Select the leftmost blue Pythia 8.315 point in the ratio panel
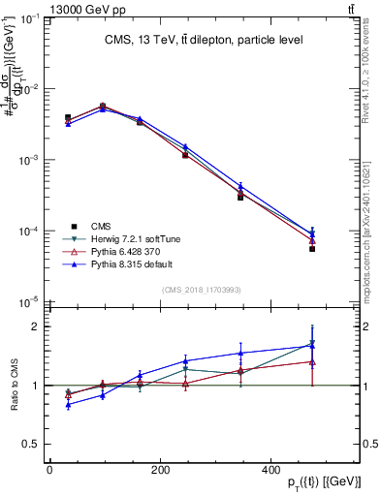68,405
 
